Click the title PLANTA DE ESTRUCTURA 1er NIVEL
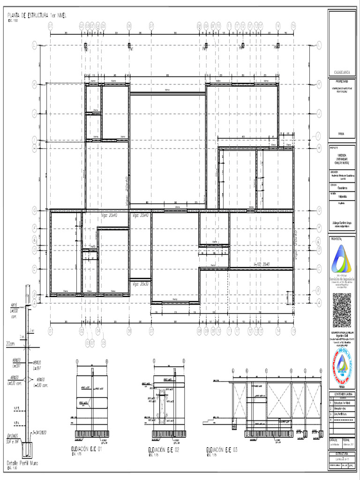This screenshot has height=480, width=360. [37, 15]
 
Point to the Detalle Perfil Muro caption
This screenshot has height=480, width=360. [22, 463]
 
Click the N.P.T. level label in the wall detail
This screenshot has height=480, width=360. [17, 407]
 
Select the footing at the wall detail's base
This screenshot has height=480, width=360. [26, 451]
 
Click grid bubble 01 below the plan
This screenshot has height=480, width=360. [51, 331]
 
